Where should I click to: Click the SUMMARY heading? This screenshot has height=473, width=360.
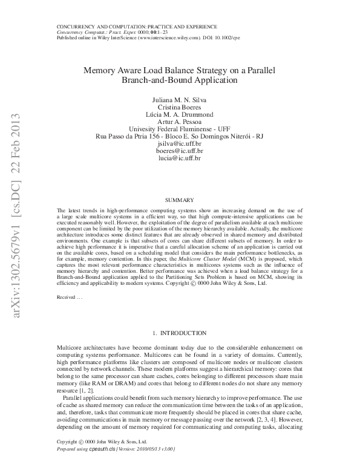point(179,200)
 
